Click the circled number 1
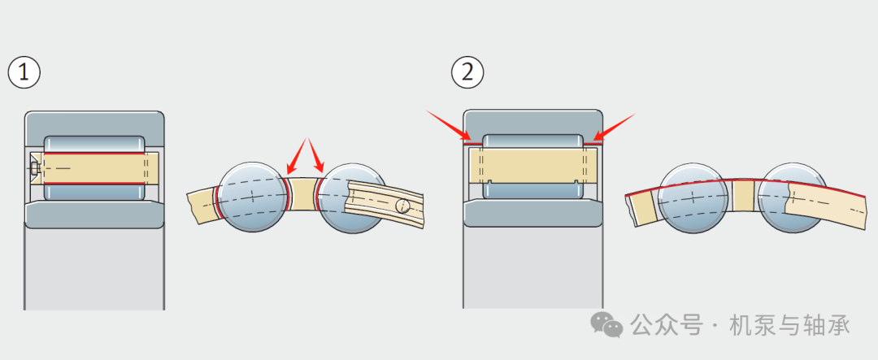coord(24,72)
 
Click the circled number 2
coord(467,72)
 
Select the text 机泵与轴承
coord(789,325)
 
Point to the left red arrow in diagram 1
coord(297,156)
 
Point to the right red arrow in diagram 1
coord(316,156)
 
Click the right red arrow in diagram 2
coord(615,126)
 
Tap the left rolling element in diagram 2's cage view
coord(692,199)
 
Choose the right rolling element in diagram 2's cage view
coord(792,199)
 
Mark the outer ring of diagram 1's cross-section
coord(94,122)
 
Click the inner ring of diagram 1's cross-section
coord(94,215)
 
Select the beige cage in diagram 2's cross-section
coord(532,166)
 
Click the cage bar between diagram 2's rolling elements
coord(743,196)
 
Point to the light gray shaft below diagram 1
coord(94,268)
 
